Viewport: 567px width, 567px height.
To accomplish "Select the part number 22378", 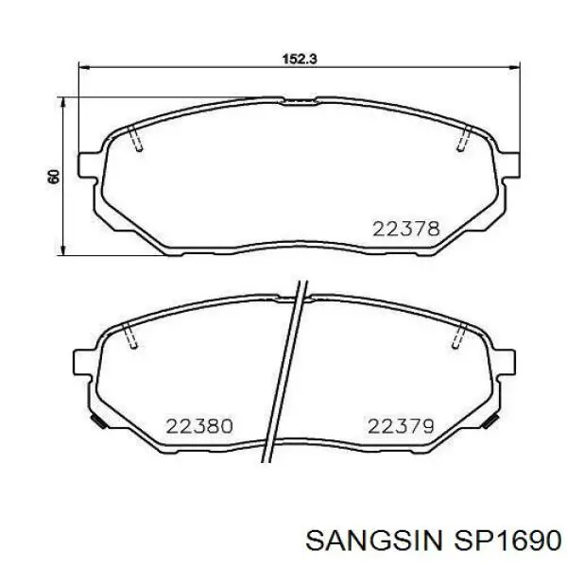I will click(405, 228).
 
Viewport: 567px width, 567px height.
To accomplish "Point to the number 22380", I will click(198, 426).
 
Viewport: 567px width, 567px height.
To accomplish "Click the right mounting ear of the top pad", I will click(510, 162).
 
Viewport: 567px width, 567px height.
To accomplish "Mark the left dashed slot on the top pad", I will click(136, 140).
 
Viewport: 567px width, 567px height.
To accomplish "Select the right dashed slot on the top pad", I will click(462, 140).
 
